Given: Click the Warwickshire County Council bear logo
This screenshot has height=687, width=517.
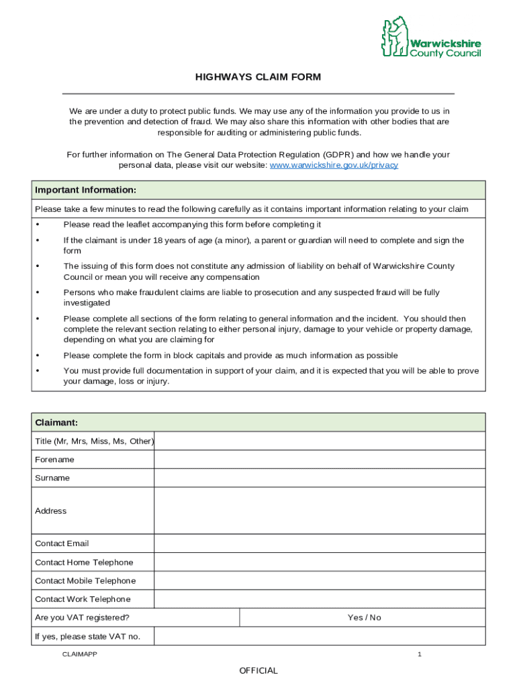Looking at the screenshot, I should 395,38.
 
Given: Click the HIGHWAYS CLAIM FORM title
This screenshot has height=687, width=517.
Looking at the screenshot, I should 258,77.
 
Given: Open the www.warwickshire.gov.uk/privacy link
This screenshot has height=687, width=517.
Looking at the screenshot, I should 334,165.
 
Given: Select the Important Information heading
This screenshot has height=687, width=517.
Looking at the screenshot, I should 86,190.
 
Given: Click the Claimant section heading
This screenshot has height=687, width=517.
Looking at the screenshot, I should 56,423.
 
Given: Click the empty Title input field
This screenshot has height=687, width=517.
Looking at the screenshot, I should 319,441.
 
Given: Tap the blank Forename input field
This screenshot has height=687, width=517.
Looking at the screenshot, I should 319,460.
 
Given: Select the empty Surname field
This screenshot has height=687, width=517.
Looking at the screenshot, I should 319,478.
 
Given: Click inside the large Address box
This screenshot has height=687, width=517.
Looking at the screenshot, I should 319,511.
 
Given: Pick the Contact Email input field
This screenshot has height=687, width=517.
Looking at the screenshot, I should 319,543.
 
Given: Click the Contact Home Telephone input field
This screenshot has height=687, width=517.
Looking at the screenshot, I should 319,562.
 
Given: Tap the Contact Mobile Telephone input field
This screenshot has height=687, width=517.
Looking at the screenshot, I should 319,580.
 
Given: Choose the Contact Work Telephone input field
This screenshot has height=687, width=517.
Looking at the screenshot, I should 319,599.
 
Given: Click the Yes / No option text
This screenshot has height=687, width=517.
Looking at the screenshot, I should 364,617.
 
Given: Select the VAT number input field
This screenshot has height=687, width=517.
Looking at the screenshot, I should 319,636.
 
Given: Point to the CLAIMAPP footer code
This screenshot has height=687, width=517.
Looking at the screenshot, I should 79,654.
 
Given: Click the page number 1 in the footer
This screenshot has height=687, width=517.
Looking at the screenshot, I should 419,654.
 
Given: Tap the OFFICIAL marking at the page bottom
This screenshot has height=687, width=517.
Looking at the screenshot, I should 258,671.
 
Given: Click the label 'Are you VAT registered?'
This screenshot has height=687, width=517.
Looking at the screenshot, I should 82,617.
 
